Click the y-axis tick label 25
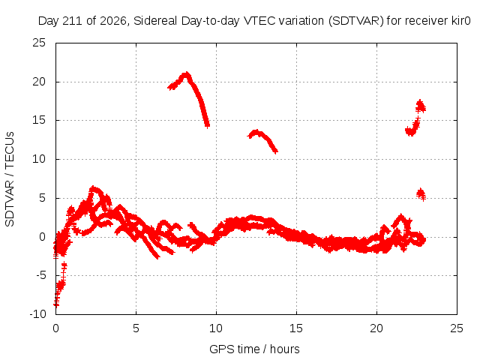click(39, 43)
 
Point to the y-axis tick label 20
click(39, 82)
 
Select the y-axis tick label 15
click(39, 120)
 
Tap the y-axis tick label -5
click(40, 275)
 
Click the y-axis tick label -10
click(37, 314)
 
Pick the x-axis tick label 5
click(136, 328)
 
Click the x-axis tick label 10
click(216, 328)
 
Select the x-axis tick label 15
click(296, 328)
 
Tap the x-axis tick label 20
click(376, 328)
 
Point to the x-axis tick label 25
click(457, 328)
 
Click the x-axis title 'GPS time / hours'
click(254, 349)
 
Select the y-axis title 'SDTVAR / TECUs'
click(10, 179)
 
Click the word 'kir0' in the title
click(460, 21)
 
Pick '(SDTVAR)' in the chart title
click(356, 21)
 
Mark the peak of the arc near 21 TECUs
click(186, 73)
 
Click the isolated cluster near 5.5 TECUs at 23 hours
click(421, 193)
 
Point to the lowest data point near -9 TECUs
click(56, 304)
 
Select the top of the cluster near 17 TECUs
click(420, 101)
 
